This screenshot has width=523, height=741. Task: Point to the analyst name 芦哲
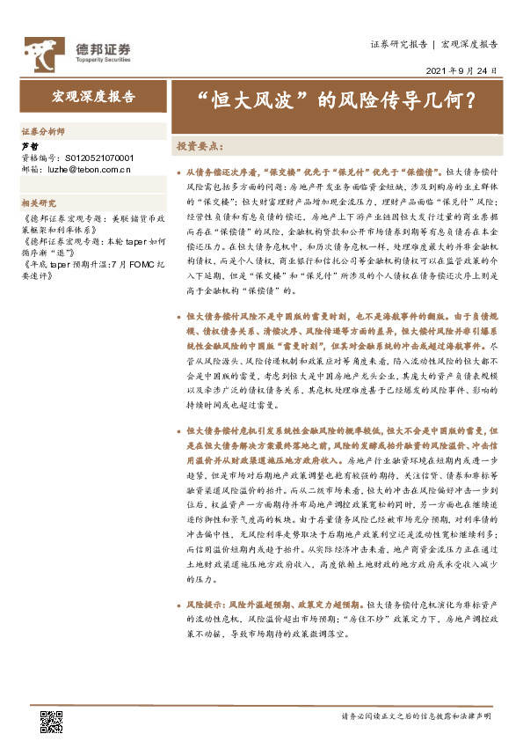[29, 146]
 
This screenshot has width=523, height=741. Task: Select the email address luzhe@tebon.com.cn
[89, 167]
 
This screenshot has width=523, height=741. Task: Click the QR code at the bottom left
[51, 721]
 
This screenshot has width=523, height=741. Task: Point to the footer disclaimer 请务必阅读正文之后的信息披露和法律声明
[416, 717]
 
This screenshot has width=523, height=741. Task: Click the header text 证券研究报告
[398, 42]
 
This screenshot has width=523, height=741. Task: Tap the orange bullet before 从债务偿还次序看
[179, 176]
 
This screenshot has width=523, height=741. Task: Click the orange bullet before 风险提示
[179, 605]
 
